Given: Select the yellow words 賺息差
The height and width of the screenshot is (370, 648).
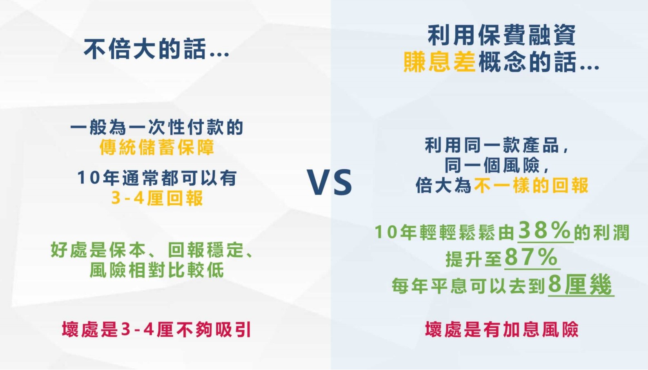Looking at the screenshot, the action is pyautogui.click(x=439, y=62).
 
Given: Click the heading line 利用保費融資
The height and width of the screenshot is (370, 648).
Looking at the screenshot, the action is pyautogui.click(x=502, y=35).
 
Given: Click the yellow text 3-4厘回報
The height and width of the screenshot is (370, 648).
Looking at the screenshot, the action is pyautogui.click(x=157, y=198).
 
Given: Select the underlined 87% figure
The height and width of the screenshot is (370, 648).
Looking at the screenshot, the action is pyautogui.click(x=531, y=257).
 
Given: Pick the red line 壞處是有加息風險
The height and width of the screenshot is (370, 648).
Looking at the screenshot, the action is pyautogui.click(x=502, y=329).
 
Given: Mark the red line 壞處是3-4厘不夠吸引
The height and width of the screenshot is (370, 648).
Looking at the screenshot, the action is pyautogui.click(x=156, y=330).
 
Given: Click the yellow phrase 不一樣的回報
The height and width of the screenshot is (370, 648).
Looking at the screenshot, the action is pyautogui.click(x=531, y=185).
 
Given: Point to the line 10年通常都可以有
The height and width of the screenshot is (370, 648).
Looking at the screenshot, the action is pyautogui.click(x=157, y=177).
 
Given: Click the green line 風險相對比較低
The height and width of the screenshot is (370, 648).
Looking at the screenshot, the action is pyautogui.click(x=157, y=270).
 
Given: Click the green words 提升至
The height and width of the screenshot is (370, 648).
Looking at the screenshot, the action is pyautogui.click(x=474, y=259).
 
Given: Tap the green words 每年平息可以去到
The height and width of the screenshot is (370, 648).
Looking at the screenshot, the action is pyautogui.click(x=468, y=286).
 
